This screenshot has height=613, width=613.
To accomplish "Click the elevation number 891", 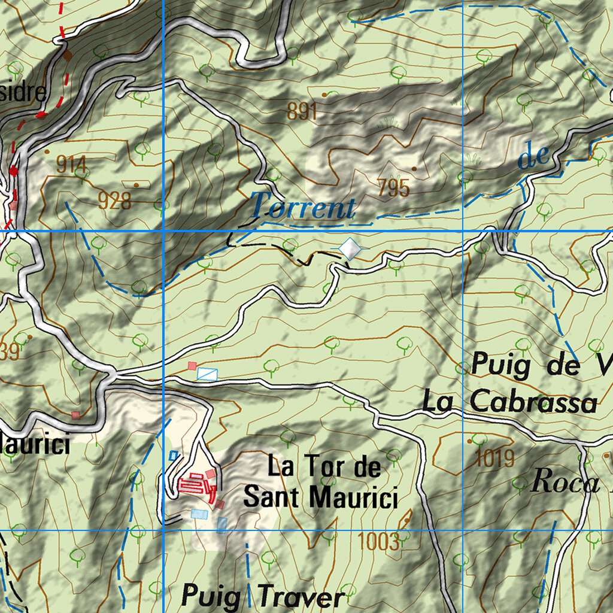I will pos(301,111).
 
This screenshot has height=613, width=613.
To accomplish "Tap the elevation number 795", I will pos(393,189).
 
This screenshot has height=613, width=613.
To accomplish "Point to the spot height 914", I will pos(71,165).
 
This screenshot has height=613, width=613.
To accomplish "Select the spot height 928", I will pos(114,201).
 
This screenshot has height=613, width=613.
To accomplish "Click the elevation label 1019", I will pos(495,459).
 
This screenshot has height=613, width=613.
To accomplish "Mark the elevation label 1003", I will pos(378,542).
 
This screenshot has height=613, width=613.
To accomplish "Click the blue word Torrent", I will pos(302,207).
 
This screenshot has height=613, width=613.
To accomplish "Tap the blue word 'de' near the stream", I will pos(532,157).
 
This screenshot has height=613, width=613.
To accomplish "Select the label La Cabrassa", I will pos(509,401).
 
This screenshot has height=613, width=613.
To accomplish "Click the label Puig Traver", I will pos(263,596).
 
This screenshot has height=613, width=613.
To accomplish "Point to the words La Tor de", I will pos(324,466).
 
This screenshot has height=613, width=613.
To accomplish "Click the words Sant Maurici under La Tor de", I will pos(321,497).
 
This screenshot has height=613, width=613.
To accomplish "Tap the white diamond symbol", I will pos(350,248).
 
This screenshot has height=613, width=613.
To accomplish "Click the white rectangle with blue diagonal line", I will pos(207,374).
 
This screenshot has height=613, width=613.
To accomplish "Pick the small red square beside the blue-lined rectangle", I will pos(192,366).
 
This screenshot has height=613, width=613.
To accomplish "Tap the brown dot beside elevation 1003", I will pos(407,520).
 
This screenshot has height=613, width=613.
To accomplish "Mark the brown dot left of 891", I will pos(325,95).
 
